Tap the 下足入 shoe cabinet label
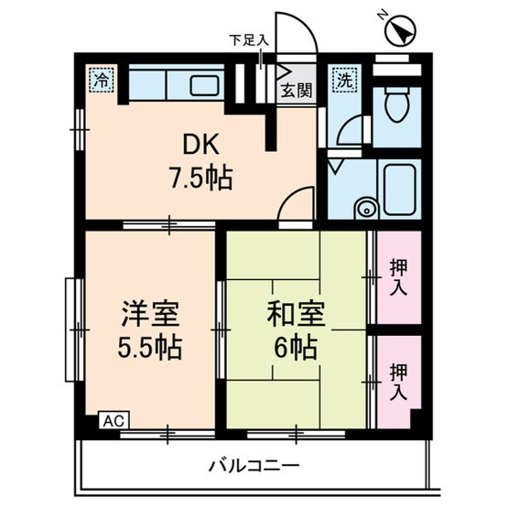coord(248,39)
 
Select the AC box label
coord(111,420)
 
